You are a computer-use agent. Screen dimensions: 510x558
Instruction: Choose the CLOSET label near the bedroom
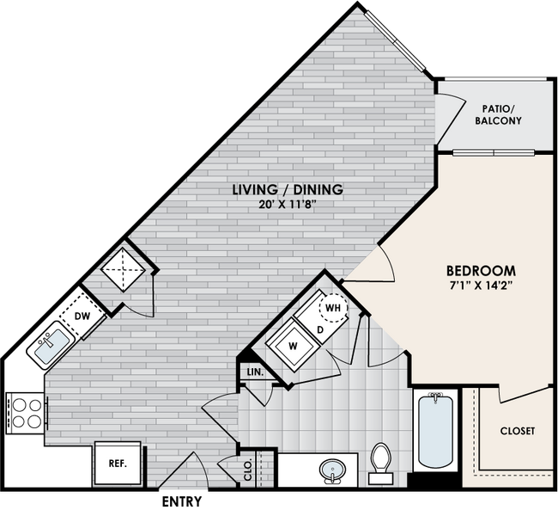pyautogui.click(x=517, y=430)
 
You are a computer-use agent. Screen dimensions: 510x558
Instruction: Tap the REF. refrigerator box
pyautogui.click(x=118, y=463)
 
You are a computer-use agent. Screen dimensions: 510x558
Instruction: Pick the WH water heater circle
pyautogui.click(x=333, y=307)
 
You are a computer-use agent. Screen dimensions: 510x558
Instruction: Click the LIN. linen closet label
pyautogui.click(x=255, y=372)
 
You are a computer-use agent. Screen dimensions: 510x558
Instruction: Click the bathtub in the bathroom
pyautogui.click(x=435, y=432)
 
